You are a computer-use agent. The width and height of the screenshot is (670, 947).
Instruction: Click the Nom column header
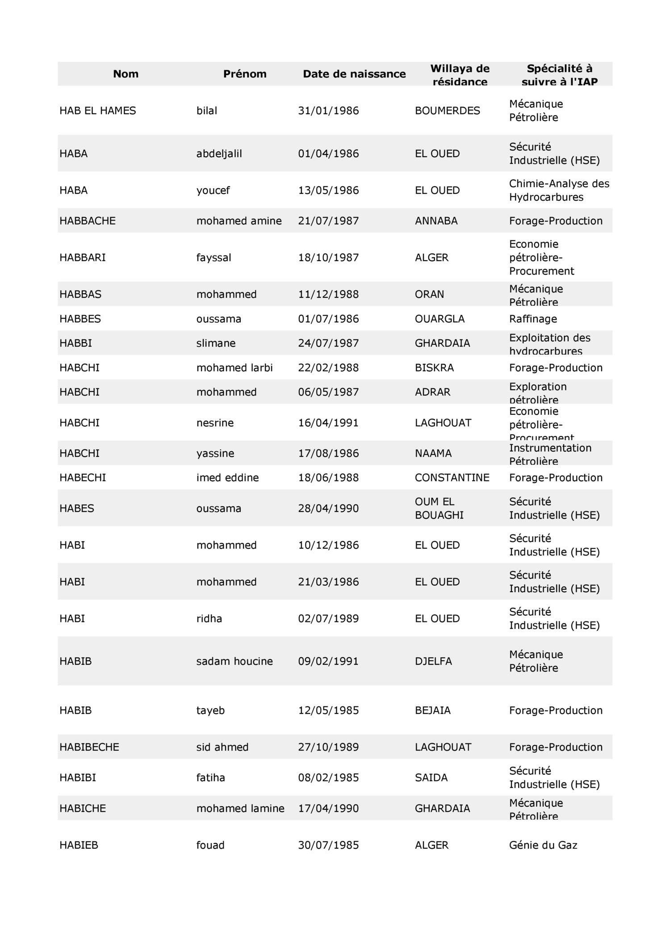126,74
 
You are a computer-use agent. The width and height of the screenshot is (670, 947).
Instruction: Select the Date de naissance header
354,74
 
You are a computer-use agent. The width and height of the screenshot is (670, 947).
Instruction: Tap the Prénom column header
245,74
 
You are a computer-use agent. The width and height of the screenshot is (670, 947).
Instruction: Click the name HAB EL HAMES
98,111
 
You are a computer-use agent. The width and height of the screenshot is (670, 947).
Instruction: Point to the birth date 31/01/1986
328,111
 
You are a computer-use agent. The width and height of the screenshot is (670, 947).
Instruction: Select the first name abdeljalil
219,154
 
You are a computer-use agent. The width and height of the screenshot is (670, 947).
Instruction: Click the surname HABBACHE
88,221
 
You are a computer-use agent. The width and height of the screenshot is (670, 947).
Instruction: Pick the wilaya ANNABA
436,221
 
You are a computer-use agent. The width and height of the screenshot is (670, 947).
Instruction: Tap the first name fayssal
214,258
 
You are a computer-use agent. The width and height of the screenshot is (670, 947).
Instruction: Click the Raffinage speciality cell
533,319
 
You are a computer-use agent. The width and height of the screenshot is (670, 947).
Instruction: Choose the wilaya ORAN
429,295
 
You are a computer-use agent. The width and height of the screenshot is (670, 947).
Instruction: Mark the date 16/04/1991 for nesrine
328,423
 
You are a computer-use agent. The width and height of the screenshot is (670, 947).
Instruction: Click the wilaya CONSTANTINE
452,478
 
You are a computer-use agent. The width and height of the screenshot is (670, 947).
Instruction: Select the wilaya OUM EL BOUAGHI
439,509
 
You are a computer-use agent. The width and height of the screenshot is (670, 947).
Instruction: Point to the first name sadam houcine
234,661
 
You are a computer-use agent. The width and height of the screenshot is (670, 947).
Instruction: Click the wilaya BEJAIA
432,710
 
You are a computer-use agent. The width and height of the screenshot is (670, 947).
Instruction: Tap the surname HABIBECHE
89,747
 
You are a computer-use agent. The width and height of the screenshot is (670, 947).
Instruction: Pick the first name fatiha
210,778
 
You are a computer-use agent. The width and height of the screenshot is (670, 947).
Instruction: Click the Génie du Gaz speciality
543,845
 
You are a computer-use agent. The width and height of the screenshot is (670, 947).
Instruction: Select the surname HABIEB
79,845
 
